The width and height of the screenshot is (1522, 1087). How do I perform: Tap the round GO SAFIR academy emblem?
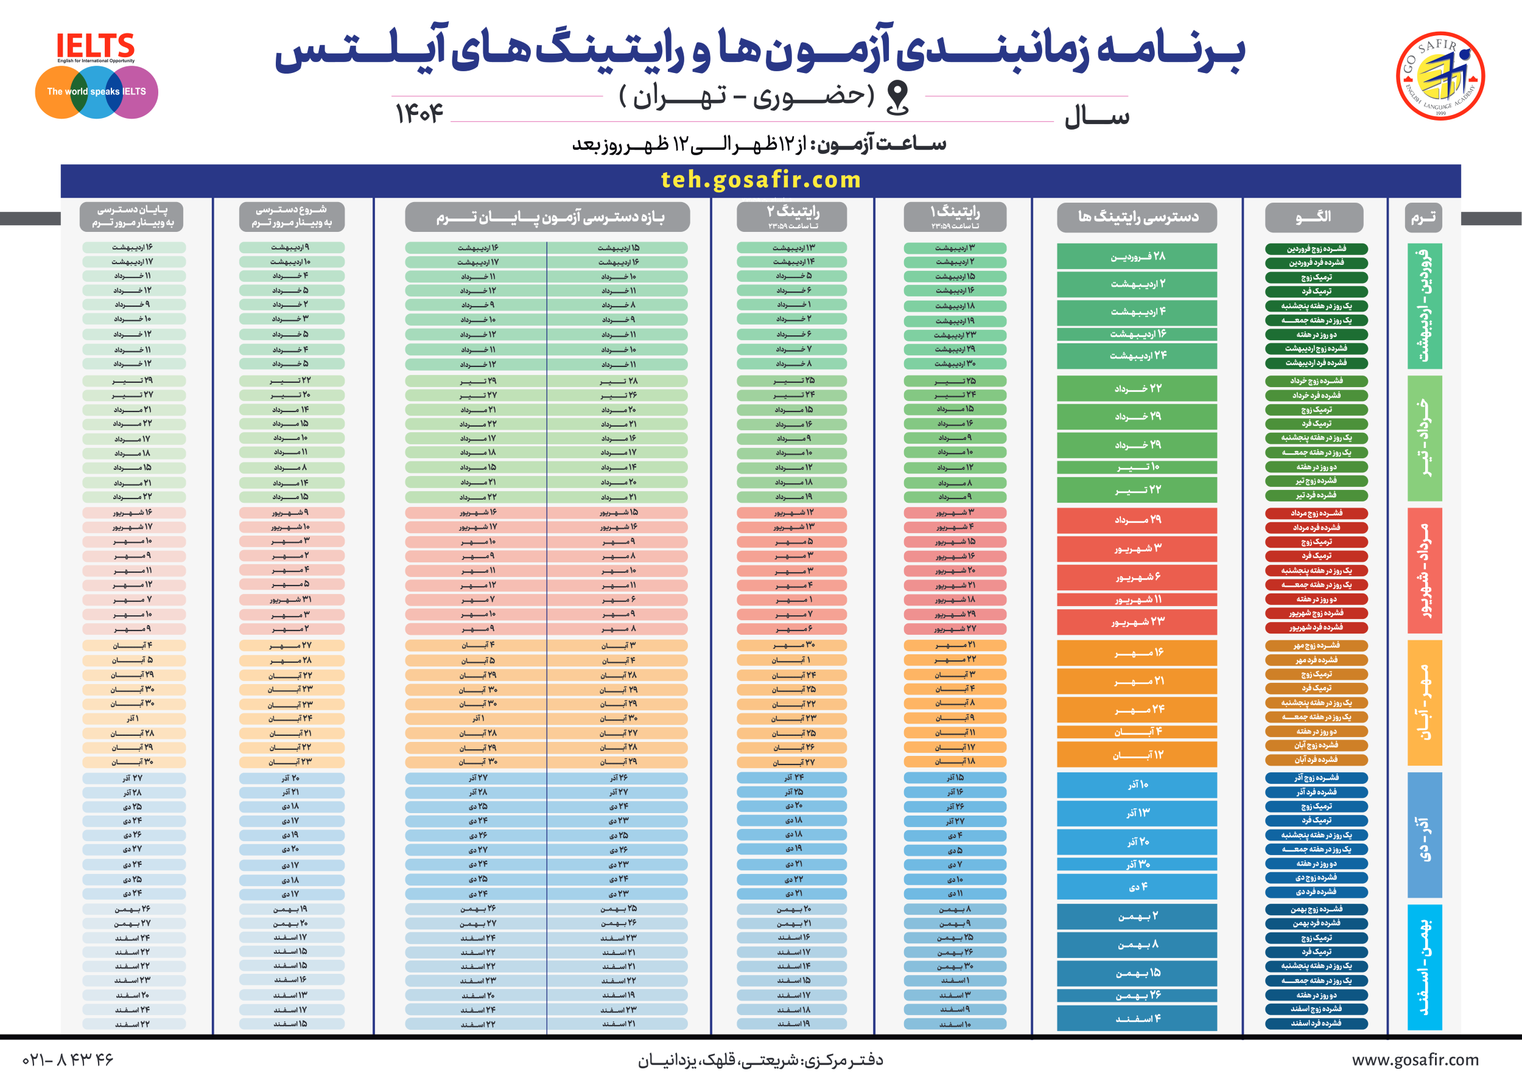coord(1440,75)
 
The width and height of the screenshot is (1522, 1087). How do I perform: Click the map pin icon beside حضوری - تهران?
coord(897,97)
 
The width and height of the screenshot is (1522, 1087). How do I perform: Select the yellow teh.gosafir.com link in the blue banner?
coord(760,180)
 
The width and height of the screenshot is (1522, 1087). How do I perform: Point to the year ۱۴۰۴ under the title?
coord(419,114)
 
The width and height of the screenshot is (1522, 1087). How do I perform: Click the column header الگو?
coord(1314,217)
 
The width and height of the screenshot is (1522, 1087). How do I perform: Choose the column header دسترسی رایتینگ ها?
coord(1137,217)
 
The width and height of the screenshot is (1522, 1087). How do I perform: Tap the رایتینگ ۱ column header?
coord(954,217)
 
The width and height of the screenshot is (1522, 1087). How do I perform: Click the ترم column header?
coord(1423,217)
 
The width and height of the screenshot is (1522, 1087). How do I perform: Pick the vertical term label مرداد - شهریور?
coord(1424,570)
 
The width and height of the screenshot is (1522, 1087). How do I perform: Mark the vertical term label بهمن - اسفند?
coord(1424,966)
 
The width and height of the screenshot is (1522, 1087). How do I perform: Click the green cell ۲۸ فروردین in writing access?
coord(1137,256)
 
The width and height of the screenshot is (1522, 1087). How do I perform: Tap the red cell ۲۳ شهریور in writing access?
coord(1137,622)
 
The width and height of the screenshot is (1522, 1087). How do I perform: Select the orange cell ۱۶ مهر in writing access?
coord(1137,652)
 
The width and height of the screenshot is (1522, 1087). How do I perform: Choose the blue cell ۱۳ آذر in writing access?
coord(1137,813)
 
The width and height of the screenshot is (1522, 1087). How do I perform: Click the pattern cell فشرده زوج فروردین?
coord(1316,249)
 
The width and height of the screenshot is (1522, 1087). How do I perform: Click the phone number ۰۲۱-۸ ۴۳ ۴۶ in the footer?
coord(68,1060)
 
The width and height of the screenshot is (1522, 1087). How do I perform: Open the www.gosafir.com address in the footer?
coord(1415,1060)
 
